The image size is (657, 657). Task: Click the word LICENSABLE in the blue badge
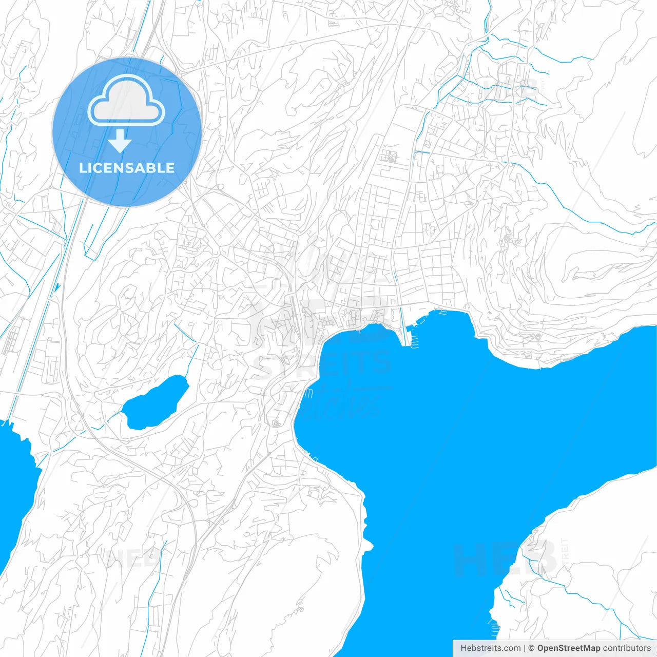(127, 168)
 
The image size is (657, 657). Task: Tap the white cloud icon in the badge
(126, 102)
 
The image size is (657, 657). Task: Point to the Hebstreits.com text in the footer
(490, 648)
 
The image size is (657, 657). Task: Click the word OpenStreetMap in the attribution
(568, 648)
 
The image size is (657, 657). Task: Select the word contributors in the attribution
(627, 648)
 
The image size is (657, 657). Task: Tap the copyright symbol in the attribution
(532, 648)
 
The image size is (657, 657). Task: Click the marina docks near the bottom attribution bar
(495, 627)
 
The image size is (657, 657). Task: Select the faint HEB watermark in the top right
(513, 90)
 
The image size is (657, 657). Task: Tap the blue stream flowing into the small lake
(191, 359)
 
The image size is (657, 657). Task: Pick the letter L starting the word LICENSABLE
(83, 168)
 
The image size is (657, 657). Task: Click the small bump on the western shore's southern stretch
(368, 544)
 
